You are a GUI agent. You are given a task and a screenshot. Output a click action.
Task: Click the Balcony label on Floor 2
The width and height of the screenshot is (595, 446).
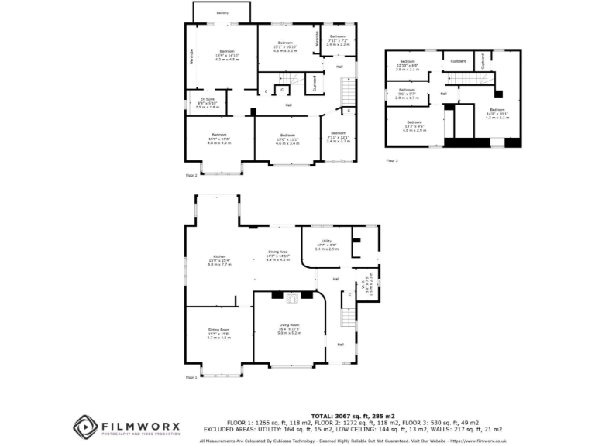[x=222, y=13]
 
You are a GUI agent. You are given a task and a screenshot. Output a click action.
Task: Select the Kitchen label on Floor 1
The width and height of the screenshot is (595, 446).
[x=212, y=262]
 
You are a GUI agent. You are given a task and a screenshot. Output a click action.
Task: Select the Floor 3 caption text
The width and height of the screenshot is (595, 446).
[x=392, y=161]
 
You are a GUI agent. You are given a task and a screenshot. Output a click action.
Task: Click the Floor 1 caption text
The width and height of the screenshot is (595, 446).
[x=191, y=377]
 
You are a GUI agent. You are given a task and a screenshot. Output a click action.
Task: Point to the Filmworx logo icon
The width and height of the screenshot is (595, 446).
[x=85, y=427]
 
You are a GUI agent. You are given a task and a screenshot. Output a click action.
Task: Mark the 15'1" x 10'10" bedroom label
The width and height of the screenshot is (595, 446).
[x=284, y=46]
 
